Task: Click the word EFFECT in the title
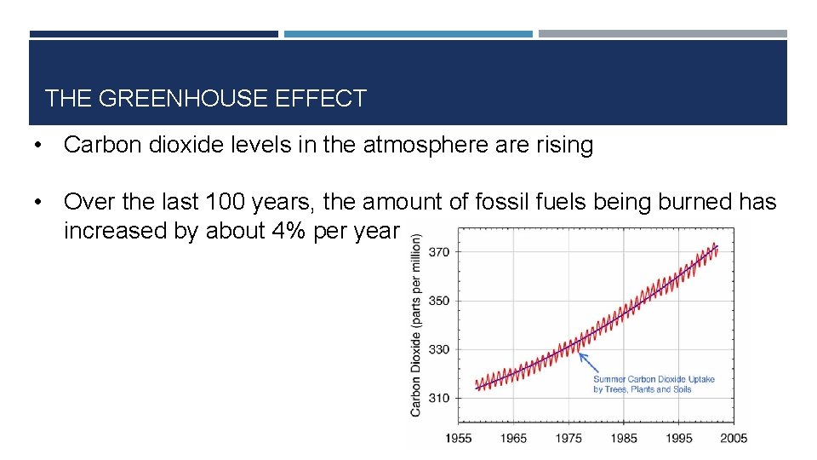pos(321,99)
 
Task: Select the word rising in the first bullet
pos(566,146)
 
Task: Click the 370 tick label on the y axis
pos(440,252)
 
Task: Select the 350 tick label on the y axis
pos(440,301)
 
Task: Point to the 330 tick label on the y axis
pos(440,349)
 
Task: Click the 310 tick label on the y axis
pos(440,398)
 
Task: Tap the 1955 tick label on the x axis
pos(460,438)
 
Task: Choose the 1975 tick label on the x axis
pos(568,438)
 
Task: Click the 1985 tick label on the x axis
pos(623,438)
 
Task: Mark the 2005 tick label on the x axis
pos(733,438)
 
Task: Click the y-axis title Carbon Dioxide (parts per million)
pos(416,325)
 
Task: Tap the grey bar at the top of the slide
pos(663,34)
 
